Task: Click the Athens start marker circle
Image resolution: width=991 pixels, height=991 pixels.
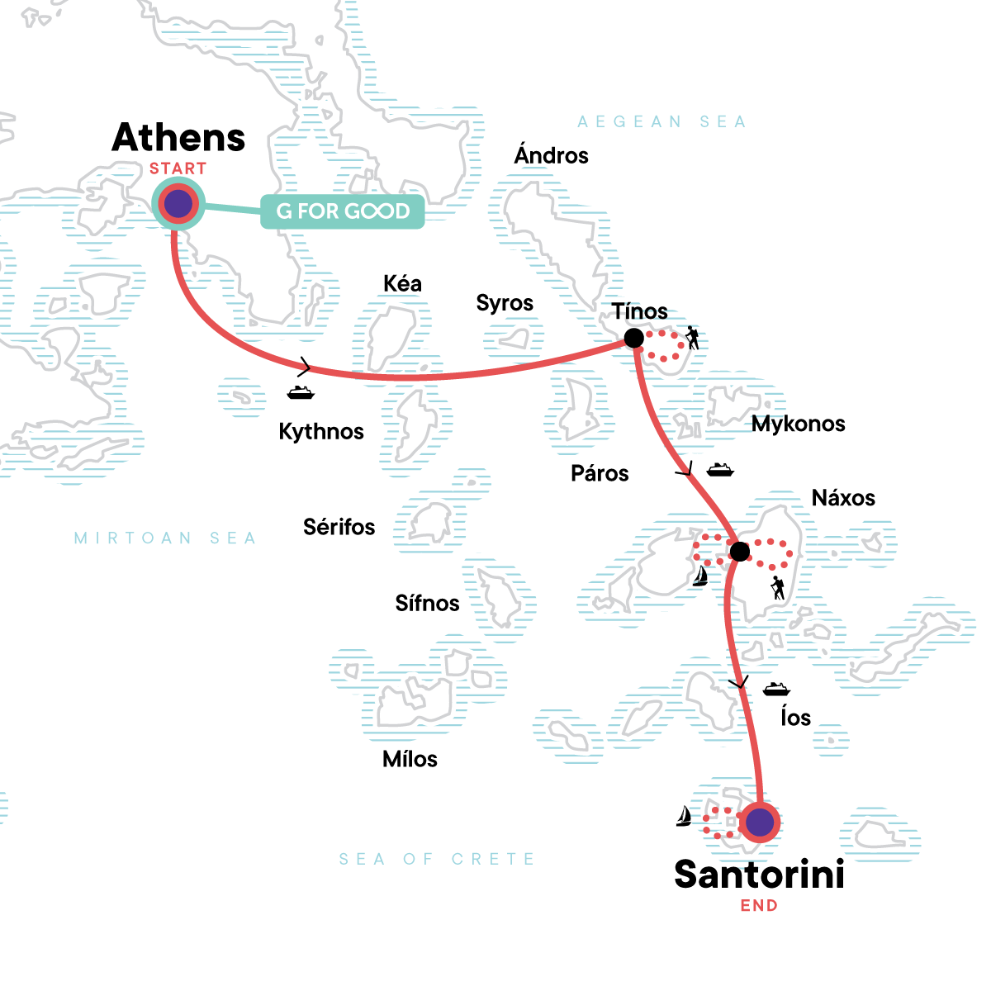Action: point(178,203)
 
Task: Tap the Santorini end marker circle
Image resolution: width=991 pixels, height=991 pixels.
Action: point(759,822)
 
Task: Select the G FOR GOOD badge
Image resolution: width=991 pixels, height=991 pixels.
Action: point(343,211)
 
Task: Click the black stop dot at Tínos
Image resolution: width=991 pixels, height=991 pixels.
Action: point(633,338)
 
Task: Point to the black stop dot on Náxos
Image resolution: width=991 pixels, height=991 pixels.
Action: point(740,551)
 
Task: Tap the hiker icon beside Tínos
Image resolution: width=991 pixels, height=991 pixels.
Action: point(692,338)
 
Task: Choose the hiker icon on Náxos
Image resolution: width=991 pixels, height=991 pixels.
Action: point(777,588)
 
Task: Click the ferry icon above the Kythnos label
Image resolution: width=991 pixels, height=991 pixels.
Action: point(301,392)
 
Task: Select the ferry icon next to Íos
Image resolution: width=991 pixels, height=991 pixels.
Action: point(776,689)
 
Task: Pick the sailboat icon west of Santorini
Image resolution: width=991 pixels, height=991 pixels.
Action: point(685,816)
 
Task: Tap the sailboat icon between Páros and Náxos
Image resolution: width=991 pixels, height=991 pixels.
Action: point(700,575)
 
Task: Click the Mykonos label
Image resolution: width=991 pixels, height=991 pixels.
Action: point(798,424)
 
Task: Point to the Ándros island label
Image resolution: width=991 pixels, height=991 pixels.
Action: point(551,155)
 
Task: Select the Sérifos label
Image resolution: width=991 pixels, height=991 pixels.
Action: point(339,527)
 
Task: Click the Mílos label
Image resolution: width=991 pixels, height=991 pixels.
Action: point(410,759)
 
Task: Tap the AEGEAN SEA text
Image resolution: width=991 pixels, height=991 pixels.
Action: point(661,122)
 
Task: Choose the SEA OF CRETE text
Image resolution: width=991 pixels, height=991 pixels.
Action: point(437,859)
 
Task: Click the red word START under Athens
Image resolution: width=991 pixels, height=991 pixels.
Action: point(178,168)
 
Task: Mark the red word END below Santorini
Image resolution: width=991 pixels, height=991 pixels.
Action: point(759,906)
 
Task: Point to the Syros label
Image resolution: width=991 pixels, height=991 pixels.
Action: point(505,304)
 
